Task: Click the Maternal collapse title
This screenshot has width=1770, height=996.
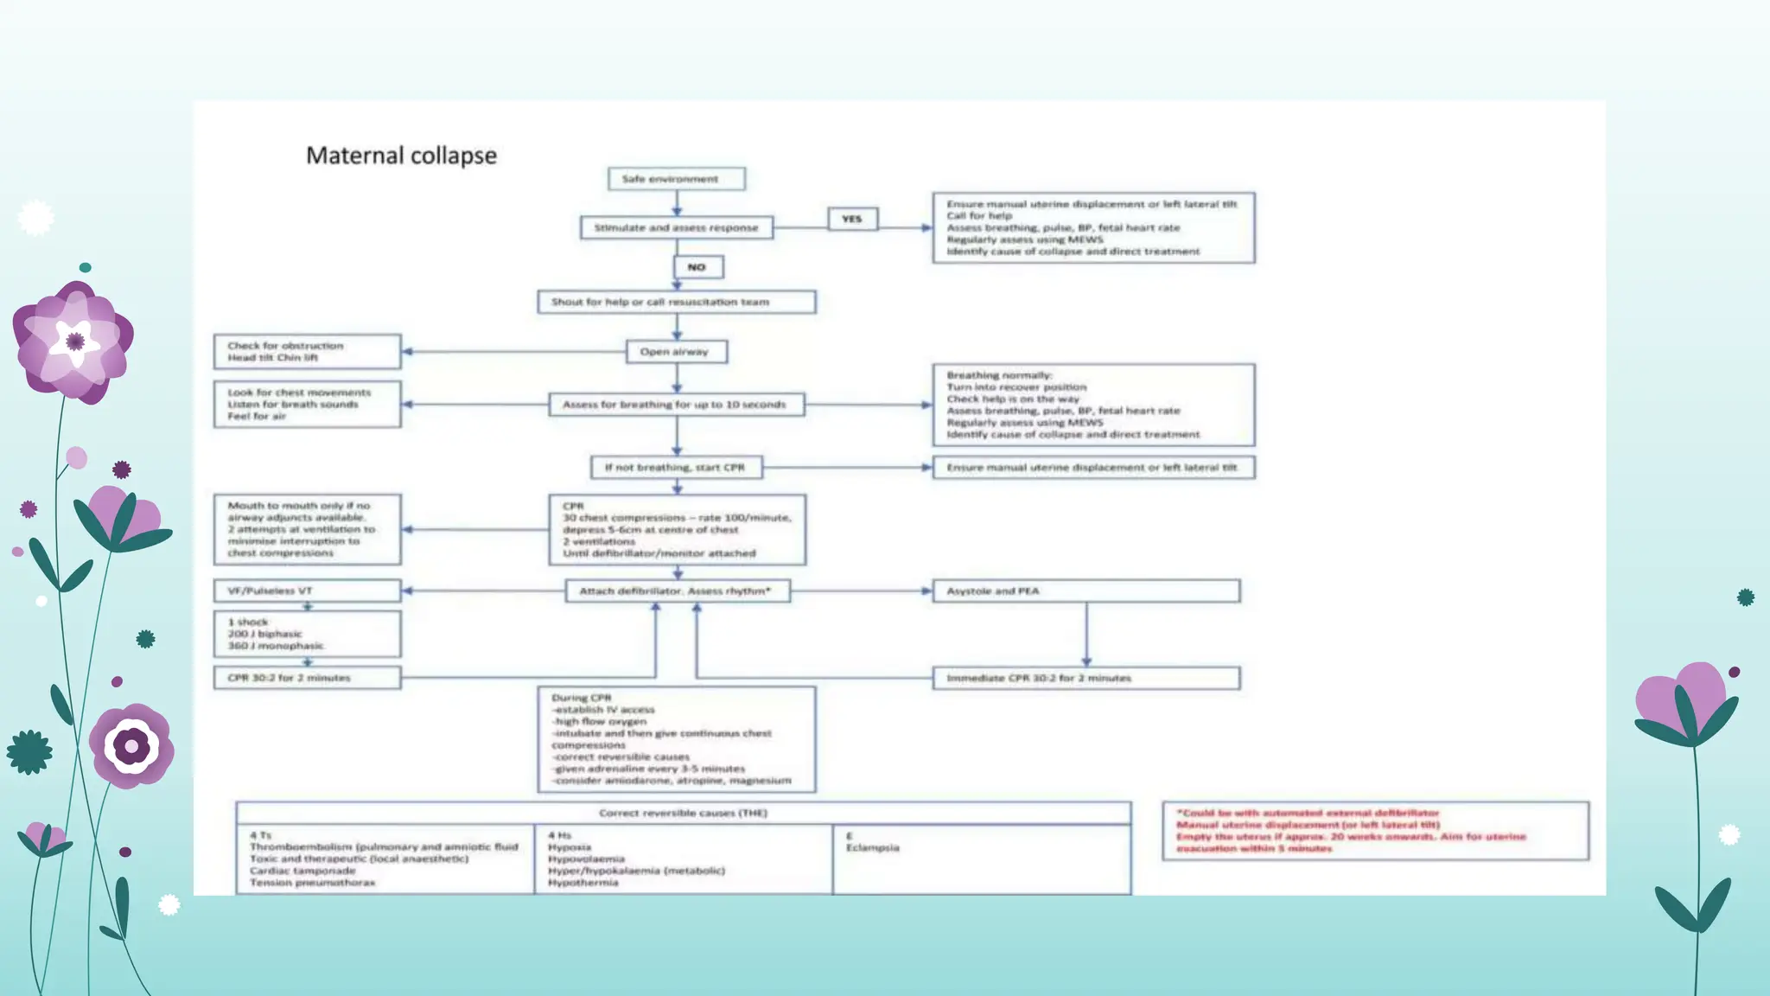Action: (x=401, y=156)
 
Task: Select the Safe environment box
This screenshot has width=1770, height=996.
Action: (x=676, y=179)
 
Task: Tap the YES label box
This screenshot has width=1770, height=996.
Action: (x=852, y=219)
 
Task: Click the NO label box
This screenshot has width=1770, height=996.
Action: (x=697, y=267)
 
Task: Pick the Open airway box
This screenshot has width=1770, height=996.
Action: (x=676, y=352)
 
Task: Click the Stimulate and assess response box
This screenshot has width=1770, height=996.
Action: (x=676, y=227)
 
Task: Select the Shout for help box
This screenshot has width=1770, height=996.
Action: (x=676, y=302)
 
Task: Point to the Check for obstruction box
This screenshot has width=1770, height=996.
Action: (x=307, y=352)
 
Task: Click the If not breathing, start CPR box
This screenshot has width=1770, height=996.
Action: (x=676, y=468)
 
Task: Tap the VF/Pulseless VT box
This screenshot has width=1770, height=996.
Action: (x=307, y=591)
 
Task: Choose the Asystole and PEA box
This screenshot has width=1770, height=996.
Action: (x=1086, y=591)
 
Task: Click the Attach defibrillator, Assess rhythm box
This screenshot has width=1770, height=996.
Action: (x=677, y=591)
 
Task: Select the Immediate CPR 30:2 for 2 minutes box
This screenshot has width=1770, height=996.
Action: (x=1086, y=678)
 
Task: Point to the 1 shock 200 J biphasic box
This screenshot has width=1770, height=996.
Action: (x=307, y=634)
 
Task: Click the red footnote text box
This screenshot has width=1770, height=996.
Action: (x=1374, y=831)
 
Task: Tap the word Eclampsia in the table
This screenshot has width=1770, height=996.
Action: (x=873, y=848)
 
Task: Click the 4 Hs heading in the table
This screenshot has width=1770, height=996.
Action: (x=560, y=835)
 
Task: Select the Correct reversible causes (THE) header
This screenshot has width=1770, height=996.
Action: (x=683, y=813)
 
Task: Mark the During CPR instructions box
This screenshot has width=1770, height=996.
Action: (x=676, y=739)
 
